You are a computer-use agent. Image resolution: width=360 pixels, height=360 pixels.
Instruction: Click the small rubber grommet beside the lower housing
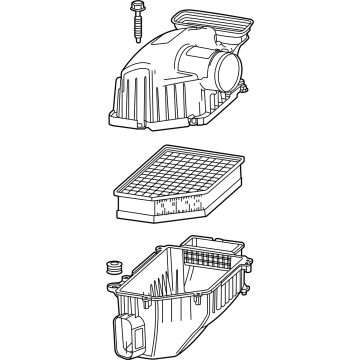[x=112, y=268]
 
